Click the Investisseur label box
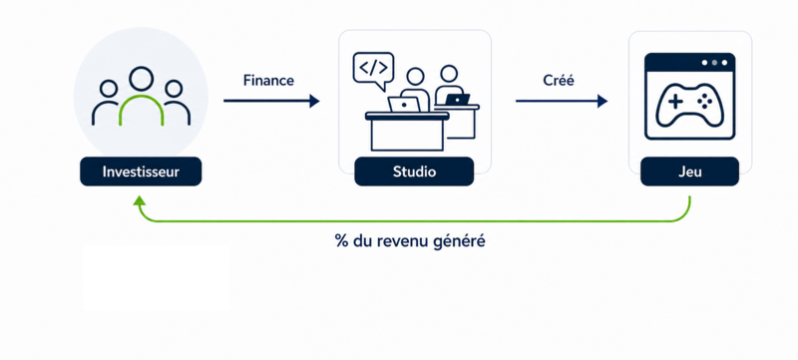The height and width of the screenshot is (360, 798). coord(141,172)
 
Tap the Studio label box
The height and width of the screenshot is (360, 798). coord(414,172)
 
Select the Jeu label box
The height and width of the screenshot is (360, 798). coord(689,172)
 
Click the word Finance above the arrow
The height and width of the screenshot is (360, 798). coord(268,81)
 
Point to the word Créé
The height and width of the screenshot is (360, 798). coord(559,81)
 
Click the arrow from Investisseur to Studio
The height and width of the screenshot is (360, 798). coord(271,101)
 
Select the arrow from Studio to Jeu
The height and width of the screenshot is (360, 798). coord(562,101)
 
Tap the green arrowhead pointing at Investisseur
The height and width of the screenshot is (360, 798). coord(139,200)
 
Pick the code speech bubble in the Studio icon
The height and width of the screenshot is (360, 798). coord(373,70)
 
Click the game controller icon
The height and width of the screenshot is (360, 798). coord(689,105)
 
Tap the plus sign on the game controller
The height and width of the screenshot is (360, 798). coord(675,102)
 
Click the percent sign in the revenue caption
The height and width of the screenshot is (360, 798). coord(340,240)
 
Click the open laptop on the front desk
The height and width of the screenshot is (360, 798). coord(405,105)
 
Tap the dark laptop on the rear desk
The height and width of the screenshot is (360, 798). coord(457,99)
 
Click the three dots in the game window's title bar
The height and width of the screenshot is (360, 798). coord(714,63)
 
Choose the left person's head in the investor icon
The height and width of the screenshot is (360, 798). coord(109,89)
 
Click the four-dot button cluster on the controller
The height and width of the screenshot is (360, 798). coord(705,102)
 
